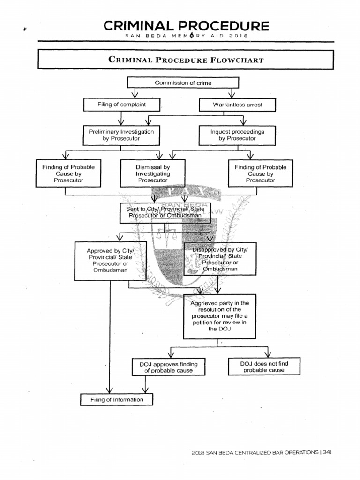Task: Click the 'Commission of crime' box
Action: [183, 83]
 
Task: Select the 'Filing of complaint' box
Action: [121, 105]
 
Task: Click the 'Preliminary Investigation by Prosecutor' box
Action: [121, 135]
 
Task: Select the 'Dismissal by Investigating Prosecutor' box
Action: [153, 173]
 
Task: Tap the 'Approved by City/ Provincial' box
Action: [110, 261]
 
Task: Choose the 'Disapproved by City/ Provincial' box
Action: [220, 259]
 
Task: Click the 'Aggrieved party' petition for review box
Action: [217, 316]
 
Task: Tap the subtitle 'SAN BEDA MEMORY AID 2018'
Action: [183, 36]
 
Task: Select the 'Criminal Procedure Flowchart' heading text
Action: [186, 60]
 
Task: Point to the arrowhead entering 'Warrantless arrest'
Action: [231, 96]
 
